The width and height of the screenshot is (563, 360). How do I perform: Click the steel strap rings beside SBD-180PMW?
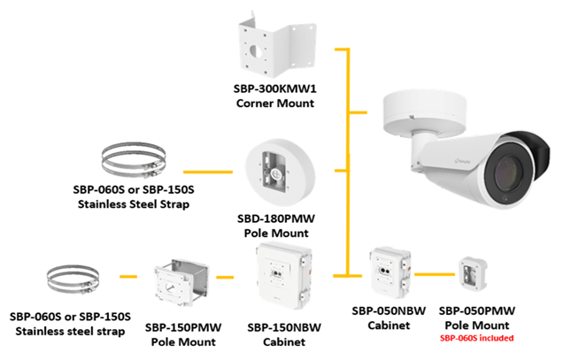(132, 159)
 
